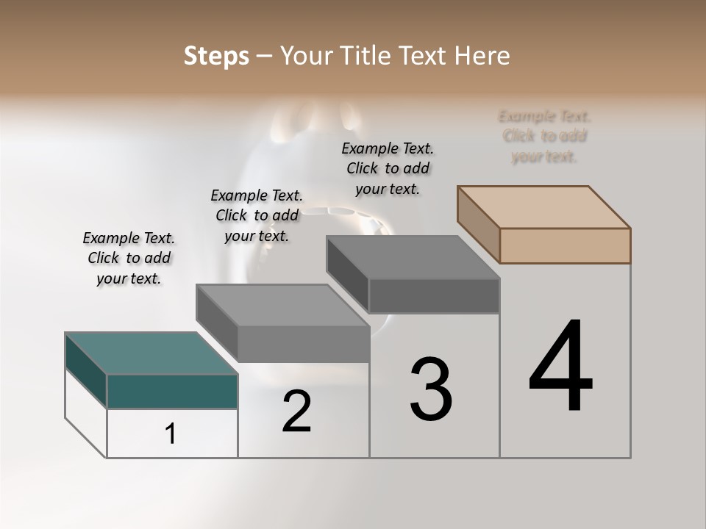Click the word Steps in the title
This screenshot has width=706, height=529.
pyautogui.click(x=216, y=56)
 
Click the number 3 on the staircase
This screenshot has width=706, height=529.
pyautogui.click(x=431, y=389)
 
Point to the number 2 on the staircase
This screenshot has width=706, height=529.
pyautogui.click(x=296, y=411)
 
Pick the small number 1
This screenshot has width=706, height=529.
pyautogui.click(x=171, y=434)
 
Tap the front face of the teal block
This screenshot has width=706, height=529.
pyautogui.click(x=172, y=391)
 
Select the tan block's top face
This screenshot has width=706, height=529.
pyautogui.click(x=544, y=206)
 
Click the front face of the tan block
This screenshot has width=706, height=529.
pyautogui.click(x=565, y=245)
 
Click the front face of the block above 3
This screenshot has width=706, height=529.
pyautogui.click(x=434, y=296)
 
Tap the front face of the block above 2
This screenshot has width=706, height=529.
pyautogui.click(x=303, y=344)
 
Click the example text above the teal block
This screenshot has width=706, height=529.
pyautogui.click(x=129, y=259)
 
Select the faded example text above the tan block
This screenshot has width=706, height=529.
pyautogui.click(x=544, y=137)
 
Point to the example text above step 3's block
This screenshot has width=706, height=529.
pyautogui.click(x=388, y=169)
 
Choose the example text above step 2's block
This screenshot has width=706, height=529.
pyautogui.click(x=257, y=215)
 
